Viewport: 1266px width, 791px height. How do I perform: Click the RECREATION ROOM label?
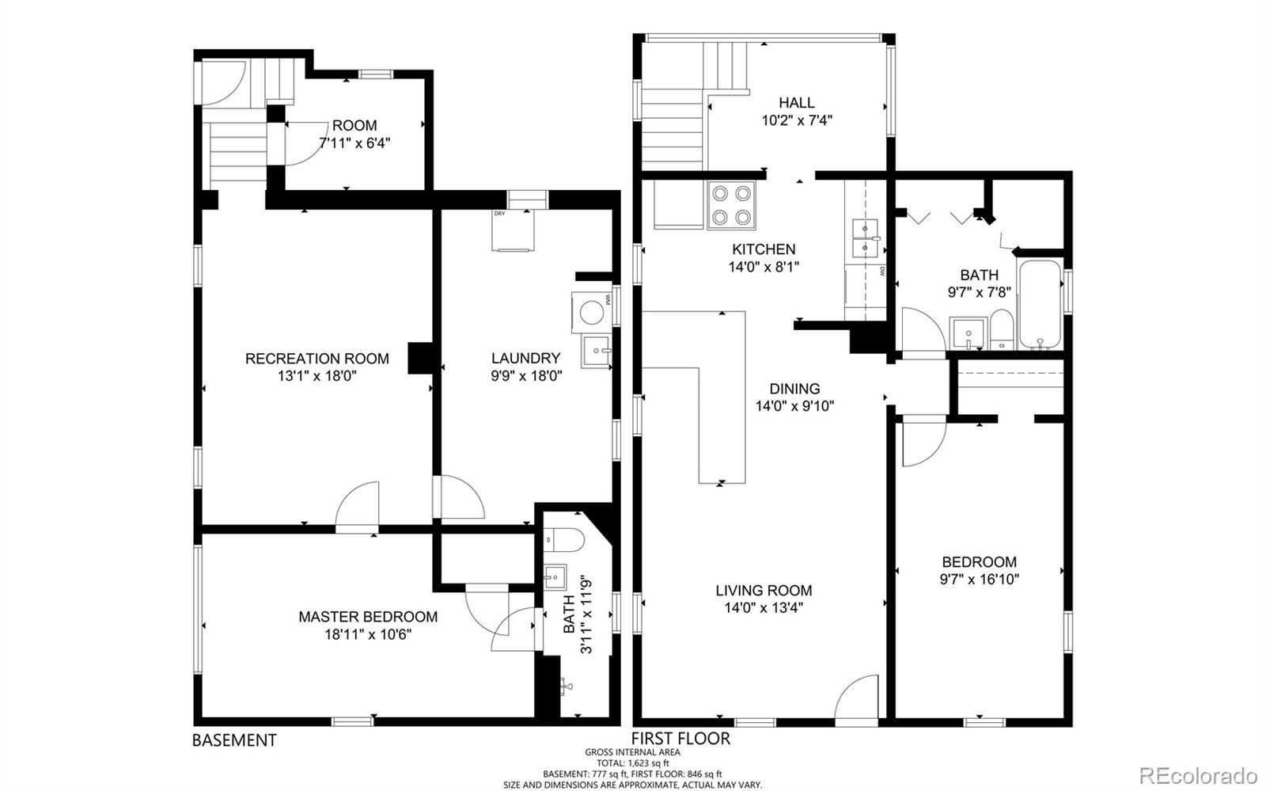tap(316, 359)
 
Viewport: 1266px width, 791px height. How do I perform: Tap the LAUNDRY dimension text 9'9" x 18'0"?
tap(525, 376)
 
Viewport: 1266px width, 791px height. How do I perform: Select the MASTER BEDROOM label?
tap(368, 617)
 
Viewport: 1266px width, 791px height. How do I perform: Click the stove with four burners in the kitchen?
tap(731, 205)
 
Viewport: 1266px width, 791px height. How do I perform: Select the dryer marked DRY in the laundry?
tap(511, 230)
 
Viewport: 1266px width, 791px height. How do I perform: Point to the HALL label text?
tap(796, 103)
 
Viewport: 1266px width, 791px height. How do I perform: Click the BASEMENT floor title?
tap(234, 740)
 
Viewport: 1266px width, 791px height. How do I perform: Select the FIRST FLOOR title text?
tap(680, 739)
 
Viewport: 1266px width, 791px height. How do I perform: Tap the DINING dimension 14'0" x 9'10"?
tap(794, 406)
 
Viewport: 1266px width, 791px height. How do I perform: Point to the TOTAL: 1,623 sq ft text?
tap(632, 762)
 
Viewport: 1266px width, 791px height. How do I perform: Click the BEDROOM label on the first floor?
tap(979, 562)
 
